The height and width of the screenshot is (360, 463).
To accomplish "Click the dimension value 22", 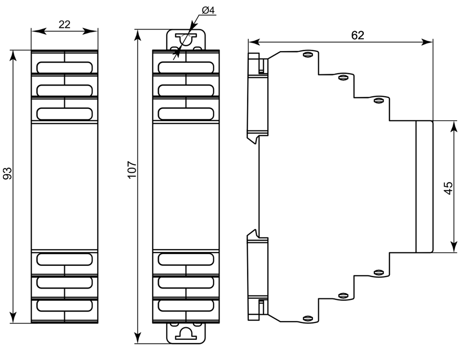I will click(64, 24).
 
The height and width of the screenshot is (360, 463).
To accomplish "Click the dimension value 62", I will click(357, 35).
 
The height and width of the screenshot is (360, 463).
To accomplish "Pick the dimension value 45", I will click(448, 188).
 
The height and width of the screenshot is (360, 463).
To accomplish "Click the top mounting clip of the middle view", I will click(186, 40).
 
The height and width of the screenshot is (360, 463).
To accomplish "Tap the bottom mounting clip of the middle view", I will click(186, 333).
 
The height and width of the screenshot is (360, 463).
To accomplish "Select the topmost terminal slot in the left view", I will click(64, 67).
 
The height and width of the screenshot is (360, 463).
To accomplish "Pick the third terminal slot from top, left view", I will click(64, 113).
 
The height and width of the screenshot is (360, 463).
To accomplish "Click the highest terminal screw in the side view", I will click(308, 54).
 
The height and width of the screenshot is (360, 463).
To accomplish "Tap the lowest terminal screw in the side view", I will click(308, 319).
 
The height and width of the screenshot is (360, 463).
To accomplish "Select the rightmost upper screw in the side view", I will click(378, 100).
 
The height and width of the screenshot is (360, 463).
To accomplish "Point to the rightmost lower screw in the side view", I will click(378, 273).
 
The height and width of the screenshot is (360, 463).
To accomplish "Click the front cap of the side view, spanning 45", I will click(424, 187).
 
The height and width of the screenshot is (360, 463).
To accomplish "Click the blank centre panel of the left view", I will click(64, 187).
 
